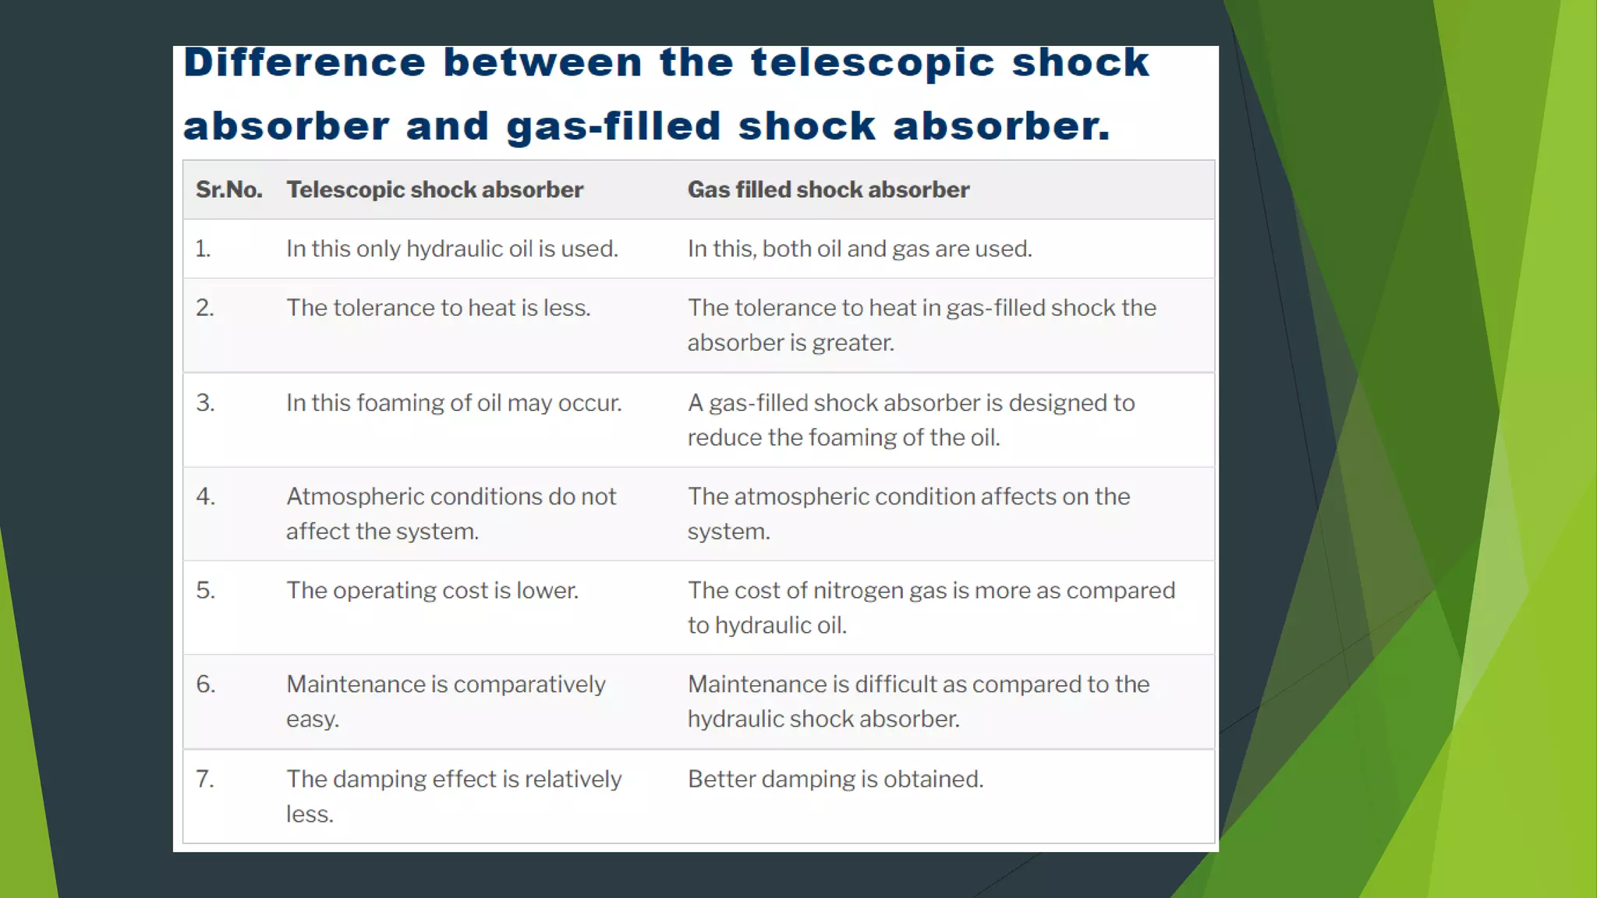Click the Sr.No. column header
coord(228,189)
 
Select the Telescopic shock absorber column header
coord(434,189)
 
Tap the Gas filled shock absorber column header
coord(828,189)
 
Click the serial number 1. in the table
coord(203,249)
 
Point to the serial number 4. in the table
coord(205,497)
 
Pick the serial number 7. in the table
coord(204,779)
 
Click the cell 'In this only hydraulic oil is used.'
coord(451,249)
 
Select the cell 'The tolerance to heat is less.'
coord(437,308)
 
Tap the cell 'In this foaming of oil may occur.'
coord(453,403)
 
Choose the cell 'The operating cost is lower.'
coord(432,591)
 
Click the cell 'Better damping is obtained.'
coord(835,779)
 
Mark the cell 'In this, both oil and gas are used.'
coord(859,249)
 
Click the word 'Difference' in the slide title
coord(305,63)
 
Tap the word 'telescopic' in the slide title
coord(872,63)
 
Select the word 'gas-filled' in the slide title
coord(613,126)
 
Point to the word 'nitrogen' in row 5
coord(858,591)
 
